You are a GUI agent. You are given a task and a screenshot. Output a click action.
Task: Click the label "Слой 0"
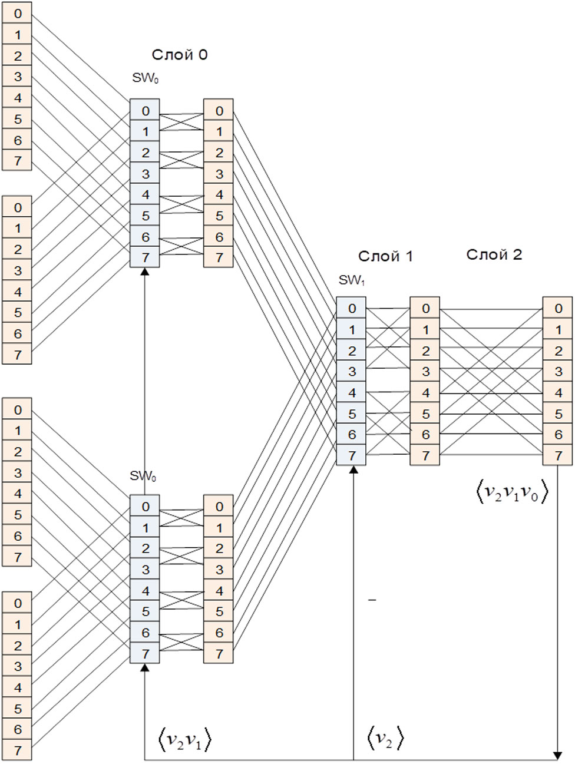click(x=179, y=55)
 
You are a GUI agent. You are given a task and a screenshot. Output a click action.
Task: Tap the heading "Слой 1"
click(x=385, y=256)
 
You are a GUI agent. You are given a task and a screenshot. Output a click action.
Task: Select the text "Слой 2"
click(x=494, y=254)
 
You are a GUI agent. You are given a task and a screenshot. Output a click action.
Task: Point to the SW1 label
click(x=352, y=280)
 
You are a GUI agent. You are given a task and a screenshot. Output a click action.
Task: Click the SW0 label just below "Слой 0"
click(x=145, y=78)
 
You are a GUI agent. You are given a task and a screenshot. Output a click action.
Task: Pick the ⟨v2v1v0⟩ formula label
click(x=511, y=492)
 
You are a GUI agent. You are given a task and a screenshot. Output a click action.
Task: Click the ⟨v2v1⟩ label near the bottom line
click(x=184, y=739)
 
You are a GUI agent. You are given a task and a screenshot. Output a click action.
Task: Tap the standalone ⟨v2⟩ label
click(x=385, y=738)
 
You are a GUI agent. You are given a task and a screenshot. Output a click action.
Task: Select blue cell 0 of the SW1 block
click(x=352, y=308)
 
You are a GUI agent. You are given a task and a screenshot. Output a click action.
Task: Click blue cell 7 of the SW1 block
click(x=352, y=455)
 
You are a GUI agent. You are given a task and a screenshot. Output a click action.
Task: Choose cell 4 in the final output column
click(x=558, y=392)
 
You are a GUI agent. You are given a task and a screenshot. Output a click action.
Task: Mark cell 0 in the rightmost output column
click(x=558, y=308)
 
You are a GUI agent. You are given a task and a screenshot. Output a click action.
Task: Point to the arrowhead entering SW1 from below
click(x=353, y=469)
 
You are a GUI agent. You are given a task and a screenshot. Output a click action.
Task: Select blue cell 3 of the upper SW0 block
click(x=146, y=174)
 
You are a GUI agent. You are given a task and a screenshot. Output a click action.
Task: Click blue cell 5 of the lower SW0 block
click(x=146, y=611)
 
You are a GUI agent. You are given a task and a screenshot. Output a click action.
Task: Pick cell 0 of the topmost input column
click(x=18, y=14)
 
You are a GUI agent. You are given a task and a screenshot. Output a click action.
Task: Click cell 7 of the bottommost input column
click(x=18, y=750)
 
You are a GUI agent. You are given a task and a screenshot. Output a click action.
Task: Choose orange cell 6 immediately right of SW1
click(x=425, y=435)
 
